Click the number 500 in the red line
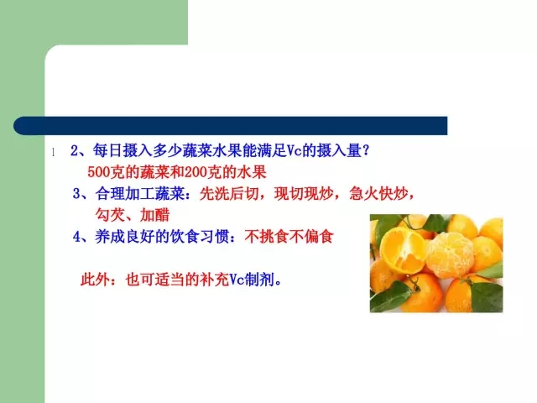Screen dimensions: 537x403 [99, 172]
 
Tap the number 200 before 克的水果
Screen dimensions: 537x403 [196, 172]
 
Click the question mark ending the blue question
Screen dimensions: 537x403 [366, 150]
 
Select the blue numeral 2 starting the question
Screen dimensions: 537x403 [75, 151]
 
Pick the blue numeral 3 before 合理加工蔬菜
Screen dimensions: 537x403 [76, 194]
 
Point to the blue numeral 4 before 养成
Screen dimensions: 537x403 [76, 237]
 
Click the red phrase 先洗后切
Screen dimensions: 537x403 [229, 194]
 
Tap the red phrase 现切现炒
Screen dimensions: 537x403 [304, 194]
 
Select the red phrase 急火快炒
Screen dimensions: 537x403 [378, 194]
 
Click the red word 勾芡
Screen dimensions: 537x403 [110, 215]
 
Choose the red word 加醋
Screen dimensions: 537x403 [154, 215]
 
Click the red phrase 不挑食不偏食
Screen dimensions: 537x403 [289, 237]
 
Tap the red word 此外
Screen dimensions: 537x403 [96, 280]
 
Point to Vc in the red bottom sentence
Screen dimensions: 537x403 [237, 280]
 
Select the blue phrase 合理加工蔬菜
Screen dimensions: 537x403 [140, 194]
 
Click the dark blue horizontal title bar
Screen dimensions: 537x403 [230, 126]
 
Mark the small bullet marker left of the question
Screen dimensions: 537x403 [53, 152]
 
